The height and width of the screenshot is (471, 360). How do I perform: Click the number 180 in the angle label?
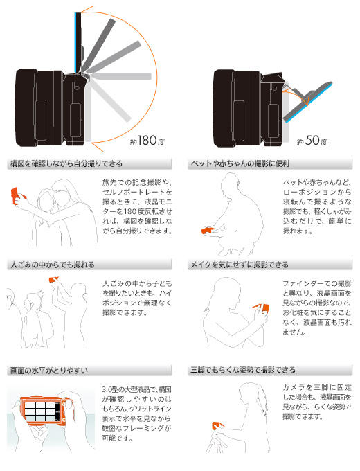click(147, 141)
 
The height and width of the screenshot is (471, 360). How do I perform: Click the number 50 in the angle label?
click(312, 141)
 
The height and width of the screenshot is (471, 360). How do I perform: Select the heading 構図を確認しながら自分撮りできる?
click(66, 163)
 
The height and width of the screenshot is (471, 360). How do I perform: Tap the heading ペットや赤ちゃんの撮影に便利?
click(240, 163)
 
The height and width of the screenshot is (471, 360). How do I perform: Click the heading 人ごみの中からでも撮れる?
click(53, 265)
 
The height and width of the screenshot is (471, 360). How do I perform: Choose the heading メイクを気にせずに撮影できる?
click(240, 265)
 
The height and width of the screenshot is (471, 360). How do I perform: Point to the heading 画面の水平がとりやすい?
click(49, 371)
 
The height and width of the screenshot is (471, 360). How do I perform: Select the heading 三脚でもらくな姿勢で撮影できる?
click(243, 370)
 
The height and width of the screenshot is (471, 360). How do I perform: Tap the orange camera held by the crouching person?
click(208, 231)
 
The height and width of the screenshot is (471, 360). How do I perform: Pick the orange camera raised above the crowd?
click(53, 280)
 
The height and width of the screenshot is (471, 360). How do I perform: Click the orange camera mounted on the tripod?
click(217, 426)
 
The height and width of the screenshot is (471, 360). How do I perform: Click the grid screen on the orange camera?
click(39, 411)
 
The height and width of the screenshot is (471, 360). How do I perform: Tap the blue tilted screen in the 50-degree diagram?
click(309, 104)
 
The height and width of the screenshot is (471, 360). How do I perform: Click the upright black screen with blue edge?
click(78, 43)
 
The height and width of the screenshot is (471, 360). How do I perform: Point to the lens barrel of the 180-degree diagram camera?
click(39, 108)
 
